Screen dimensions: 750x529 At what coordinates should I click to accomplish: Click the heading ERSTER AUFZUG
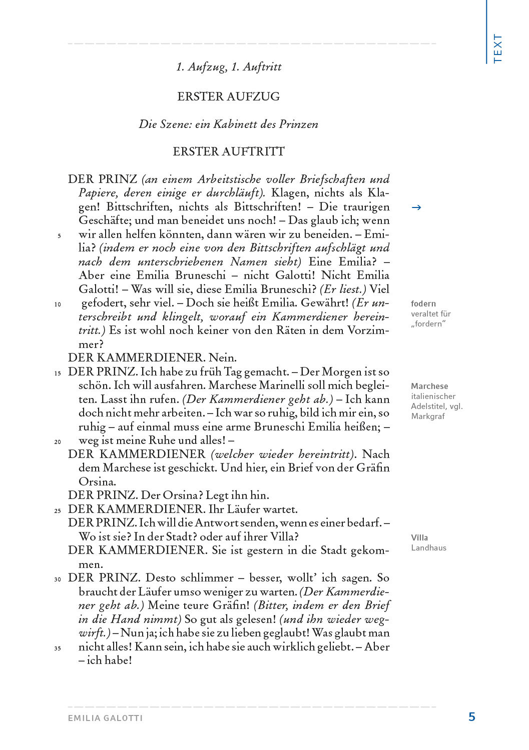pyautogui.click(x=229, y=96)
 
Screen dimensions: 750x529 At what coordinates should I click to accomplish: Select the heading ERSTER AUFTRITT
pyautogui.click(x=229, y=151)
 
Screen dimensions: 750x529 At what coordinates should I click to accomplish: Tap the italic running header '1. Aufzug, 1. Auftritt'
pyautogui.click(x=229, y=67)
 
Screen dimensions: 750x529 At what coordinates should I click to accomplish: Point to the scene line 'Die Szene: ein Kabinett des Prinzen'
pyautogui.click(x=229, y=124)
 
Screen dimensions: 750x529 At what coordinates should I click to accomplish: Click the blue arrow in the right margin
pyautogui.click(x=416, y=207)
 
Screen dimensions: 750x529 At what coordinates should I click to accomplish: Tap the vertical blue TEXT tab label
pyautogui.click(x=497, y=48)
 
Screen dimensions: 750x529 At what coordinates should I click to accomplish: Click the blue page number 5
pyautogui.click(x=471, y=717)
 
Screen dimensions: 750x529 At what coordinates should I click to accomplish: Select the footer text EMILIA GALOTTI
pyautogui.click(x=106, y=718)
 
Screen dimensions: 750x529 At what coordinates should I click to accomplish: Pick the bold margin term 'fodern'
pyautogui.click(x=423, y=303)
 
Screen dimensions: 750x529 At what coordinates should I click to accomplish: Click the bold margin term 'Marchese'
pyautogui.click(x=429, y=386)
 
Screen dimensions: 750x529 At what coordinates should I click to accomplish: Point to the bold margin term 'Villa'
pyautogui.click(x=419, y=537)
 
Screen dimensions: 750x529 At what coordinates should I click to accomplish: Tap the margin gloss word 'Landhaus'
pyautogui.click(x=428, y=547)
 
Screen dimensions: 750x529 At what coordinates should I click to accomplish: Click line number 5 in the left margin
pyautogui.click(x=59, y=236)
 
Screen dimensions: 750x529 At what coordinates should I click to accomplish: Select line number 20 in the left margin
pyautogui.click(x=58, y=442)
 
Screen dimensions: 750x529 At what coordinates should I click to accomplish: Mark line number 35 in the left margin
pyautogui.click(x=58, y=648)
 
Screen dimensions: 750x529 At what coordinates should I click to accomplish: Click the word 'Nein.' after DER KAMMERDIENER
pyautogui.click(x=223, y=358)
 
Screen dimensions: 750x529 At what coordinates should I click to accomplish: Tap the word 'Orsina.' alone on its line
pyautogui.click(x=97, y=482)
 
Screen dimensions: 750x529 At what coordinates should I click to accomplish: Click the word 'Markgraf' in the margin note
pyautogui.click(x=428, y=416)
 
